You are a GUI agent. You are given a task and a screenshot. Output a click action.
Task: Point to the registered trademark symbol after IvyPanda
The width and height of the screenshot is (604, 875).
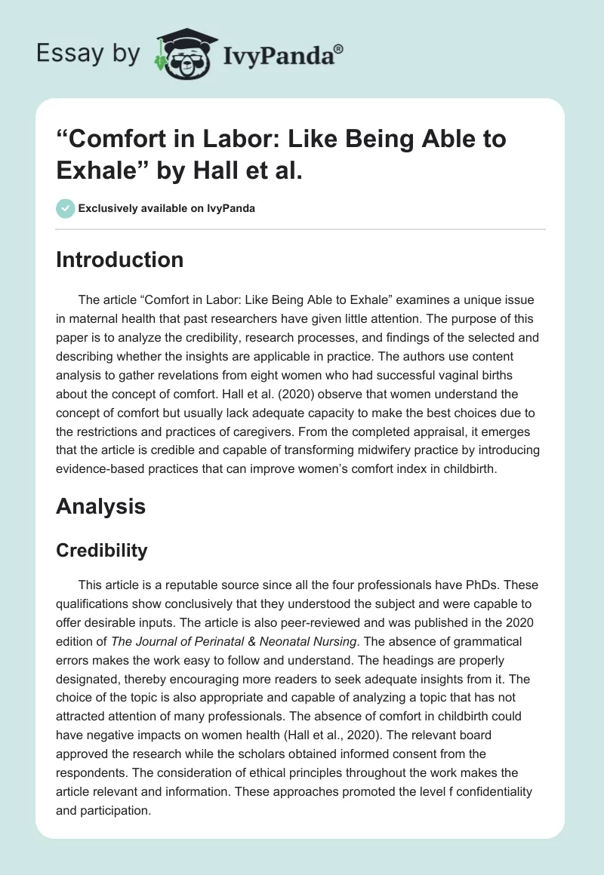[x=339, y=48]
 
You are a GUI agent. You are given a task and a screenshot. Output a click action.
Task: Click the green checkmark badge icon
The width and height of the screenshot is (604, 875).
[x=65, y=208]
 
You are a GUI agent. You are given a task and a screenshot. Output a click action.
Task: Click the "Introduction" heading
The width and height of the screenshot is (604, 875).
[x=119, y=260]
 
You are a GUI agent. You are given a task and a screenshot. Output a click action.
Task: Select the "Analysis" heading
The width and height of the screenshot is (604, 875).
[x=100, y=507]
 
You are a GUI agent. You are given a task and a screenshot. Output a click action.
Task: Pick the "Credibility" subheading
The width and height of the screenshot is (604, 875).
[x=102, y=551]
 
